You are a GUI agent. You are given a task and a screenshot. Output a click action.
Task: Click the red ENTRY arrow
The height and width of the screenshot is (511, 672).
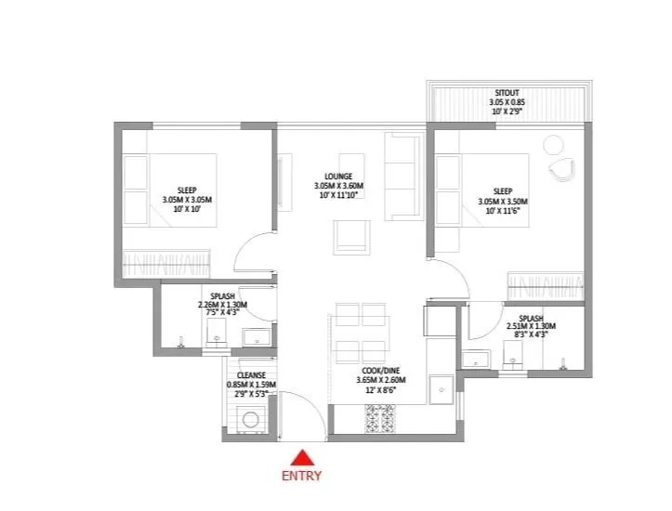[302, 457]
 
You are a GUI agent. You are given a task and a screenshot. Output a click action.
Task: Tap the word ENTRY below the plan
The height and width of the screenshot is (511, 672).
[302, 476]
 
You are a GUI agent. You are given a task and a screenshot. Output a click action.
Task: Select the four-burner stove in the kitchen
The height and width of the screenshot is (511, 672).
[381, 419]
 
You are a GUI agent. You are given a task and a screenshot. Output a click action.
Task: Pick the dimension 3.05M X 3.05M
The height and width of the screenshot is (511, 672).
[188, 200]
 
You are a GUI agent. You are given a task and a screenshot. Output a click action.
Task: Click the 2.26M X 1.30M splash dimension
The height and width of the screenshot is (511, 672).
[222, 306]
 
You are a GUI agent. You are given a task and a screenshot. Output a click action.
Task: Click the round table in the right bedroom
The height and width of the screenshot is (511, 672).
[553, 145]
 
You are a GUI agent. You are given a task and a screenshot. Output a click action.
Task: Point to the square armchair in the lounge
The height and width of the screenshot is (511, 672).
[351, 239]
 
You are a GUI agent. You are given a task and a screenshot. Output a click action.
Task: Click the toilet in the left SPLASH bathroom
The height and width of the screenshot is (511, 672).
[217, 342]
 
